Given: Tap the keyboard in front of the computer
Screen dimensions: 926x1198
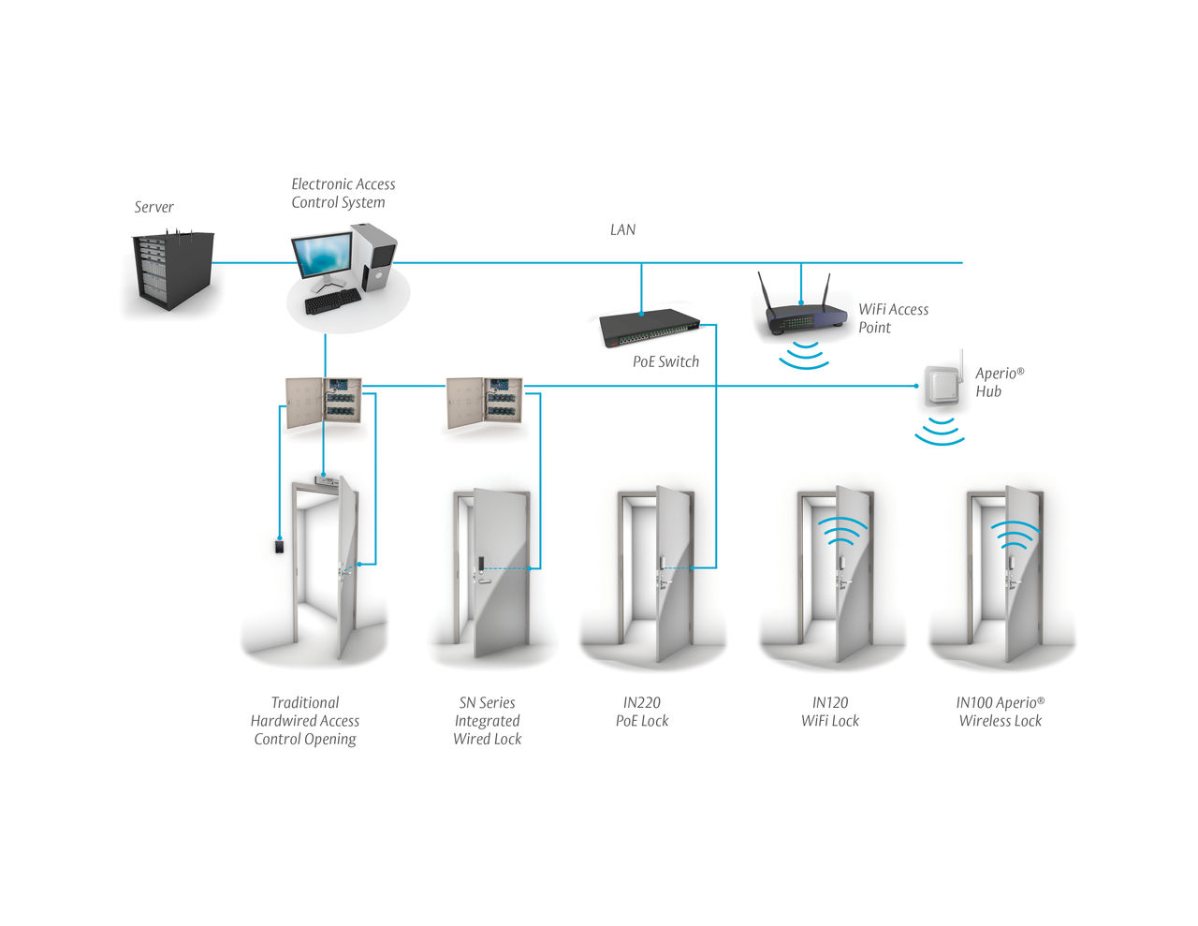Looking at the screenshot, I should coord(332,301).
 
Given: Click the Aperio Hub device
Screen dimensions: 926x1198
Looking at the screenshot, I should coord(942,384).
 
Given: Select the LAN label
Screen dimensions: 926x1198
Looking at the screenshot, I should coord(622,229).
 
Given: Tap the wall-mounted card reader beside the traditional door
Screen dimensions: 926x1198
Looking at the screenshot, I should coord(279,546).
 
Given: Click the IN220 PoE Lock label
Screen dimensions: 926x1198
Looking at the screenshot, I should coord(642,712).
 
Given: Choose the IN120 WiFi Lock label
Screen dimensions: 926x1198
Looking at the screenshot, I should coord(830,712).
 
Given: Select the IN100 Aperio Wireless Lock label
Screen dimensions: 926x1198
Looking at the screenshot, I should coord(1000,712).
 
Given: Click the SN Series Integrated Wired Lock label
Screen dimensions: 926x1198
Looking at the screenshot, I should coord(487,721).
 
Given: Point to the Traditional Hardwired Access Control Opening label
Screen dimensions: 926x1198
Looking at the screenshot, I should coord(305,721).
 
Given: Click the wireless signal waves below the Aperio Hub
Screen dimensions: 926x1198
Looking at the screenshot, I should coord(940,432).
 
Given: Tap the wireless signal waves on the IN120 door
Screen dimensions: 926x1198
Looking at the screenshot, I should coord(841,531).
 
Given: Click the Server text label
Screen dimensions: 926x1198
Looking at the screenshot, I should coord(153,207).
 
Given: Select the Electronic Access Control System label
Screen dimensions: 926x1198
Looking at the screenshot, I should coord(343,193).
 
